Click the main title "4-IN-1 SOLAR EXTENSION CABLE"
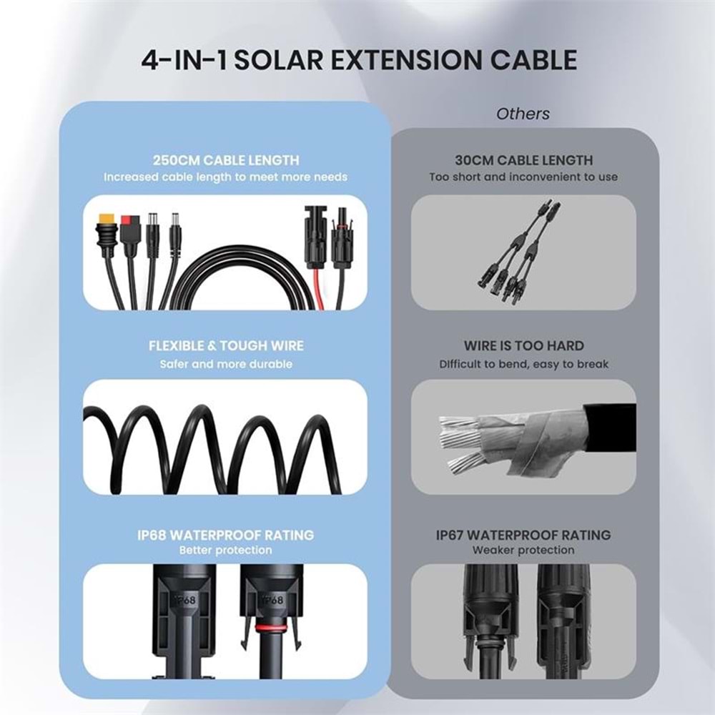point(360,60)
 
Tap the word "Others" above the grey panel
point(523,113)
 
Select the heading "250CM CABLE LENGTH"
point(225,160)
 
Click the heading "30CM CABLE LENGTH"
point(523,160)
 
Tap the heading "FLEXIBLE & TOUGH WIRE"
point(226,346)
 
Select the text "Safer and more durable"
point(226,364)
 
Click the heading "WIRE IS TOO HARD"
point(523,346)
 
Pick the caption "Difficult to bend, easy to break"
point(523,364)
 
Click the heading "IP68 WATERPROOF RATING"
point(226,535)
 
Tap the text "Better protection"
point(226,551)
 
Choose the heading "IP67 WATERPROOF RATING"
point(523,535)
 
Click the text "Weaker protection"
point(523,551)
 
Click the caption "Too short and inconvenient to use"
point(523,177)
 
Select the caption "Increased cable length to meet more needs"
point(226,177)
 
